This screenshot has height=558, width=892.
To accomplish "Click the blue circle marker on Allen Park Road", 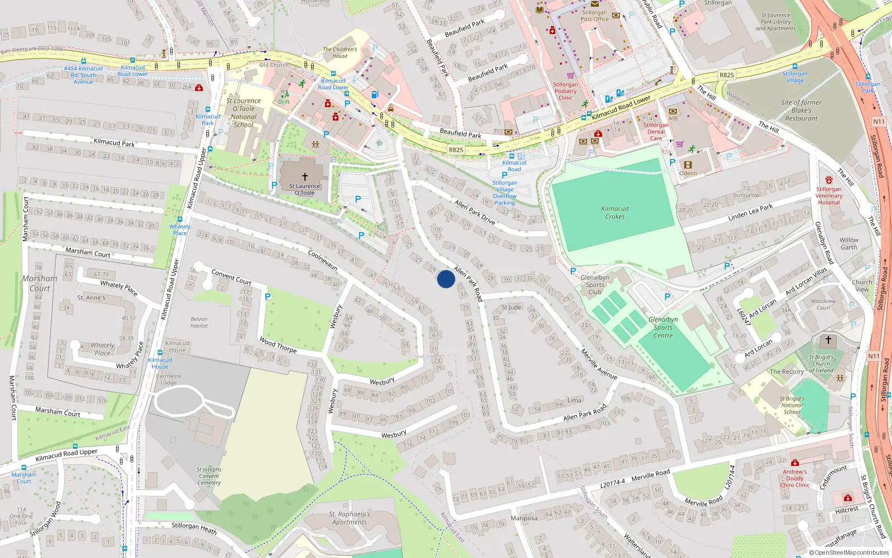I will (x=446, y=279).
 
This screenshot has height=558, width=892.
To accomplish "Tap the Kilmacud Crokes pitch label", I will (x=615, y=213).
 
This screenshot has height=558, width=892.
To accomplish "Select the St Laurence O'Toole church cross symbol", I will (x=305, y=177).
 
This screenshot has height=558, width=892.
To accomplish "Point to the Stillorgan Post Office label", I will (x=595, y=16).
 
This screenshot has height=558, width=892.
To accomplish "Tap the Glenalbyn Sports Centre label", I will (x=663, y=328).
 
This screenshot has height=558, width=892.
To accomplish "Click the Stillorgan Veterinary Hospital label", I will (x=829, y=195).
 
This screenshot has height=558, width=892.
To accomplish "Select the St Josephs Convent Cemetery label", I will (x=209, y=476).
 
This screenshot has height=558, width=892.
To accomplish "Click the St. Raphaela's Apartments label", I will (x=350, y=518).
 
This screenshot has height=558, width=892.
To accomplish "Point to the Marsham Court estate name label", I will (x=40, y=283).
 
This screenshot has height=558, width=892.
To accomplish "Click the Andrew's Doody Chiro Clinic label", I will (x=795, y=478).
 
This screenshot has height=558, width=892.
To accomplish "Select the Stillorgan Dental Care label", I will (x=656, y=132).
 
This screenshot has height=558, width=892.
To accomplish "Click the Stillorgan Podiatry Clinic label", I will (x=565, y=91).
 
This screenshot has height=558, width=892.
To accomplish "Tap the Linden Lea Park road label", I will (x=750, y=213).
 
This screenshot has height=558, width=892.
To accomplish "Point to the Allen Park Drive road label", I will (x=474, y=212).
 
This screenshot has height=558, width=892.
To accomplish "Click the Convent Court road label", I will (x=231, y=277).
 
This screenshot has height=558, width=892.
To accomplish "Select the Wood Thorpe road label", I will (x=278, y=345).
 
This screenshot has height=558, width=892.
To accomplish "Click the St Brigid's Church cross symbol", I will (x=828, y=339).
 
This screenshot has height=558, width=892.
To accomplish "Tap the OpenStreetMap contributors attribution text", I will (x=849, y=552).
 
